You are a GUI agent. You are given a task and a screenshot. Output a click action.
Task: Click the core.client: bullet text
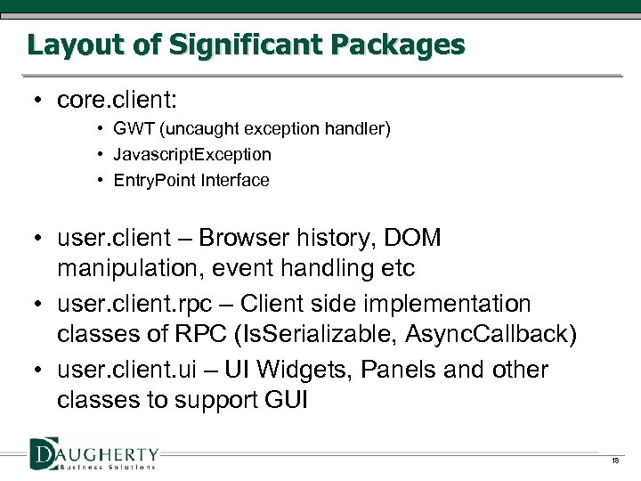(116, 100)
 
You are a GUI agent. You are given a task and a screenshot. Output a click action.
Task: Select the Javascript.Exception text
(192, 155)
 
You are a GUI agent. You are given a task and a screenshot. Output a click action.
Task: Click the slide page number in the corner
(614, 461)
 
